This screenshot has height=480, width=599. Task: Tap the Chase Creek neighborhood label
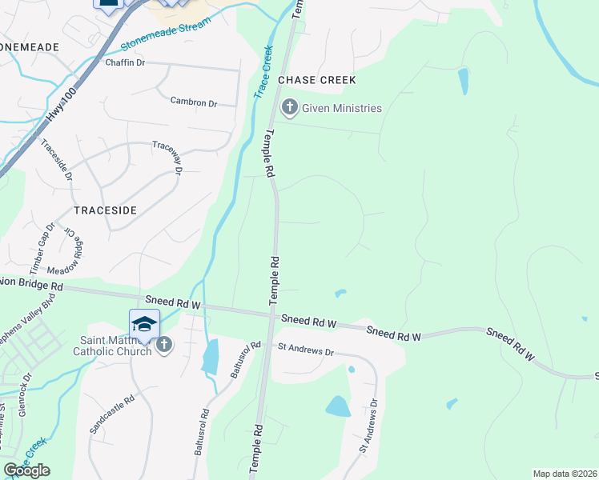pyautogui.click(x=316, y=81)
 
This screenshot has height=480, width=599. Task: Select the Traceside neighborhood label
pyautogui.click(x=105, y=210)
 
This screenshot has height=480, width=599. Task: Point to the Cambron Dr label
pyautogui.click(x=194, y=102)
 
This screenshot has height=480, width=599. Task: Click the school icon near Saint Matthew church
pyautogui.click(x=144, y=323)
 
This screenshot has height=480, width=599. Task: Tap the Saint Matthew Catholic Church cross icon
pyautogui.click(x=163, y=345)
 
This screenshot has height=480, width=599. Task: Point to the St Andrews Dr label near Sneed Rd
pyautogui.click(x=304, y=350)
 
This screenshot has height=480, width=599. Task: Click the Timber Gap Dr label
pyautogui.click(x=42, y=245)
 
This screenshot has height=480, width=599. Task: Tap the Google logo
pyautogui.click(x=26, y=470)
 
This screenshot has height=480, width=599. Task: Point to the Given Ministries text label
pyautogui.click(x=342, y=108)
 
